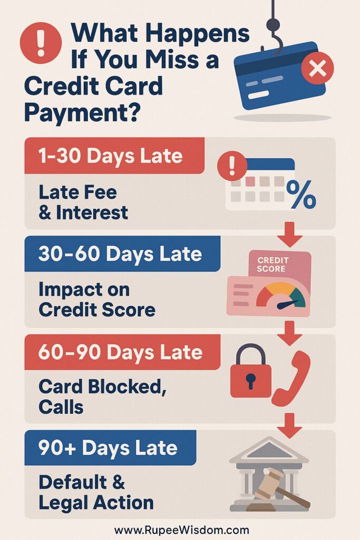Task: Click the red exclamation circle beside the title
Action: point(41,43)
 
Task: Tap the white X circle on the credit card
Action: point(317,68)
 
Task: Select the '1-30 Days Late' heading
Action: point(110,156)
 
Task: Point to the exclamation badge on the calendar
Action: point(232,166)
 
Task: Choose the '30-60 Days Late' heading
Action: point(120,254)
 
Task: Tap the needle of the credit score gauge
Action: point(287,304)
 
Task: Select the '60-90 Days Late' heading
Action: point(120,352)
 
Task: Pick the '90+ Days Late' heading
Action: point(108,448)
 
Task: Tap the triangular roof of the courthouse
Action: point(269,448)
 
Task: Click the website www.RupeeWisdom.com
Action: point(181,530)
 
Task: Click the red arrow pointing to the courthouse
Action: point(289,426)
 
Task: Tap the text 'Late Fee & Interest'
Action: point(83,202)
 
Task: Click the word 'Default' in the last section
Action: point(73,482)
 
